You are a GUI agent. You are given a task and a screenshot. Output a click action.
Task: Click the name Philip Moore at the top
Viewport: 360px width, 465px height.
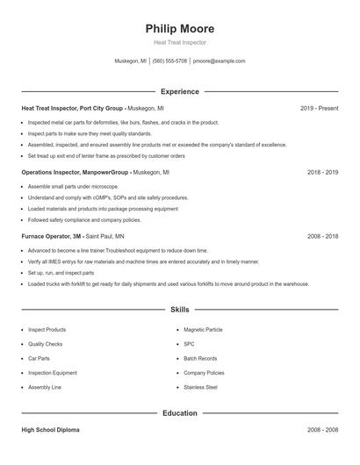click(179, 28)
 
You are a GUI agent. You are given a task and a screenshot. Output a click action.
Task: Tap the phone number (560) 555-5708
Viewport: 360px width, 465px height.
click(169, 61)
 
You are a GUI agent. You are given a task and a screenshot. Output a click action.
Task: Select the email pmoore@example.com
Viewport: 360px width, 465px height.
click(219, 61)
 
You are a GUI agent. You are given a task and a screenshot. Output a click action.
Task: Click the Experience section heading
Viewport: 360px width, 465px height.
click(179, 91)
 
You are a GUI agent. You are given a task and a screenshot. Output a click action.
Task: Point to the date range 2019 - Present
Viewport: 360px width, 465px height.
click(319, 108)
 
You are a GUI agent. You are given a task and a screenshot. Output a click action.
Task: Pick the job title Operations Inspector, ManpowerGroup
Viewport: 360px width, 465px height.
click(75, 173)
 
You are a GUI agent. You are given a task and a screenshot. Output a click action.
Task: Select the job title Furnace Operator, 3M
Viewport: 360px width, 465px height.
click(51, 237)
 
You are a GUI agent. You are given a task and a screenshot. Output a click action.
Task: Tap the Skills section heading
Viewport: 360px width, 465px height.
click(179, 310)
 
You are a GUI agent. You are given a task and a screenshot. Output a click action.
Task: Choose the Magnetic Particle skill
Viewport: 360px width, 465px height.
click(203, 330)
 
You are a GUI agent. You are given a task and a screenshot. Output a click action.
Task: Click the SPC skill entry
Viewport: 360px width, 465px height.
click(189, 344)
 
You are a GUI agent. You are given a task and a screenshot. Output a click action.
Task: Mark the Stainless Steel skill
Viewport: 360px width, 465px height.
click(200, 387)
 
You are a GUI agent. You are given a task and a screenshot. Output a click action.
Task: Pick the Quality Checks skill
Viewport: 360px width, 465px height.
click(45, 344)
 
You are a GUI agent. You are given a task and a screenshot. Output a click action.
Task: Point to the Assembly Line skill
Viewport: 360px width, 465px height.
click(44, 387)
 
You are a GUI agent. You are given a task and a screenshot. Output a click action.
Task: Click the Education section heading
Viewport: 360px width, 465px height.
click(179, 412)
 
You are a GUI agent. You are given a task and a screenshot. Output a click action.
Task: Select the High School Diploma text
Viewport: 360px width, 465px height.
click(51, 430)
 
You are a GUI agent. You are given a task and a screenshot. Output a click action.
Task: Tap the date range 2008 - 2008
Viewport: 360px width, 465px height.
click(322, 430)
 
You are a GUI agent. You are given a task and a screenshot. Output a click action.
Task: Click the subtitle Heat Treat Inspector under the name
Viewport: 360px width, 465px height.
click(179, 43)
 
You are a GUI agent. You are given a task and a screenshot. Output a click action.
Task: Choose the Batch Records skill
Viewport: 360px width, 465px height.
click(200, 358)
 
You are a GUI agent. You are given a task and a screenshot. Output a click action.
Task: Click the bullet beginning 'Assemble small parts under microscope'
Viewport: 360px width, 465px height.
click(74, 187)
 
